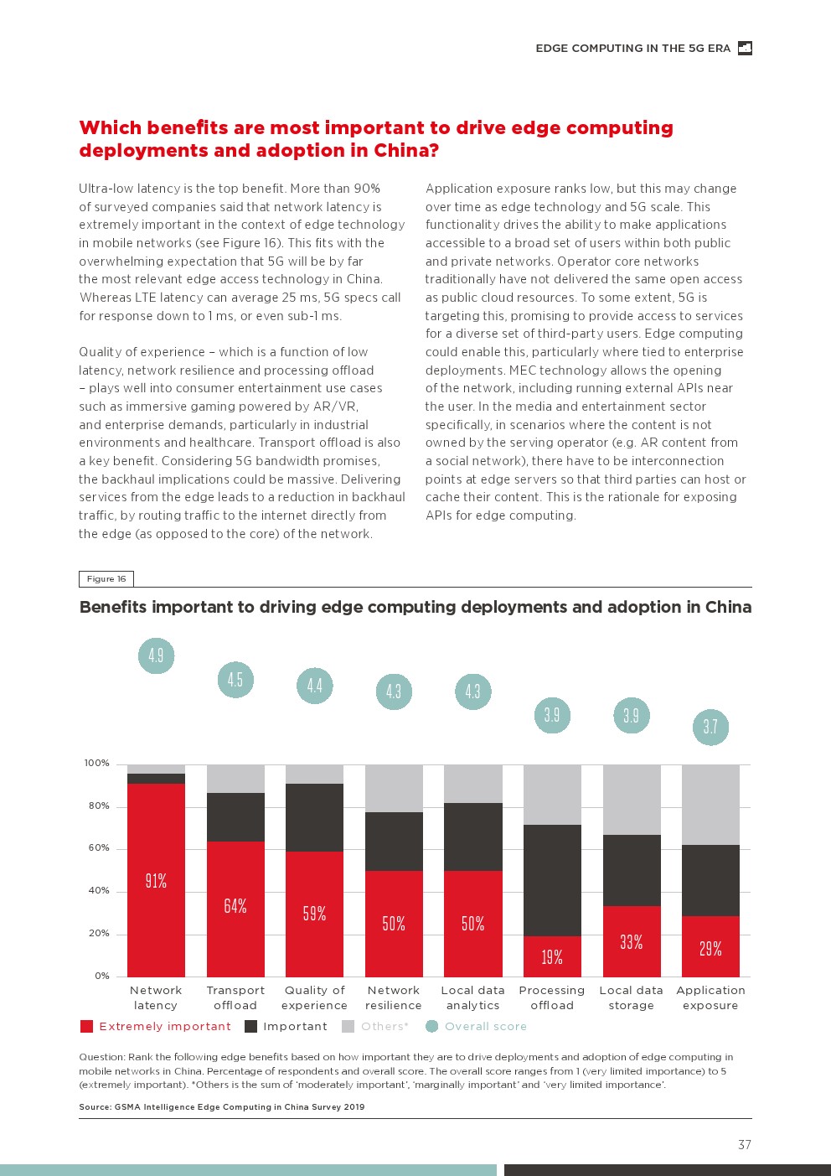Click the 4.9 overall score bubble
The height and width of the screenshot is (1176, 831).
point(156,655)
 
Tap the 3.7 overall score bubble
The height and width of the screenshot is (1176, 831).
point(710,727)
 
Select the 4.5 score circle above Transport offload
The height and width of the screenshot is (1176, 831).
point(235,680)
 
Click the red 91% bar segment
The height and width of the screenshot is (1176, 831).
point(156,880)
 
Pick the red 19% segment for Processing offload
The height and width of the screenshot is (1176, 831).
point(552,956)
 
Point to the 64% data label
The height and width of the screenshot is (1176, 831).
point(235,906)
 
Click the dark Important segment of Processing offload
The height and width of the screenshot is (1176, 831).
point(552,880)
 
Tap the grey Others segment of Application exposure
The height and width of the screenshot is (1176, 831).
point(710,805)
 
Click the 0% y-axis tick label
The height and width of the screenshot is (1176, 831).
point(101,976)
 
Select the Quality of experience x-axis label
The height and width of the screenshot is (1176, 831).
point(314,997)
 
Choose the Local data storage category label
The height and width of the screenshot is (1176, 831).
point(631,997)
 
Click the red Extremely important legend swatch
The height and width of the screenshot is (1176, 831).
point(86,1026)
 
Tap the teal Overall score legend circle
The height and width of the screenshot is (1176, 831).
point(431,1026)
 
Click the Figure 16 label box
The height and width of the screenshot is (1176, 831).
point(106,578)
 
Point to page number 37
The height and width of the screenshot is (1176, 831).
point(745,1145)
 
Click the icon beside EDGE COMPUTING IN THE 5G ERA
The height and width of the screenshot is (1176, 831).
point(745,49)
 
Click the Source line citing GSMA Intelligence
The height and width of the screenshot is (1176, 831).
point(221,1106)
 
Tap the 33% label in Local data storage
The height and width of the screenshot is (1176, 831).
point(631,942)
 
